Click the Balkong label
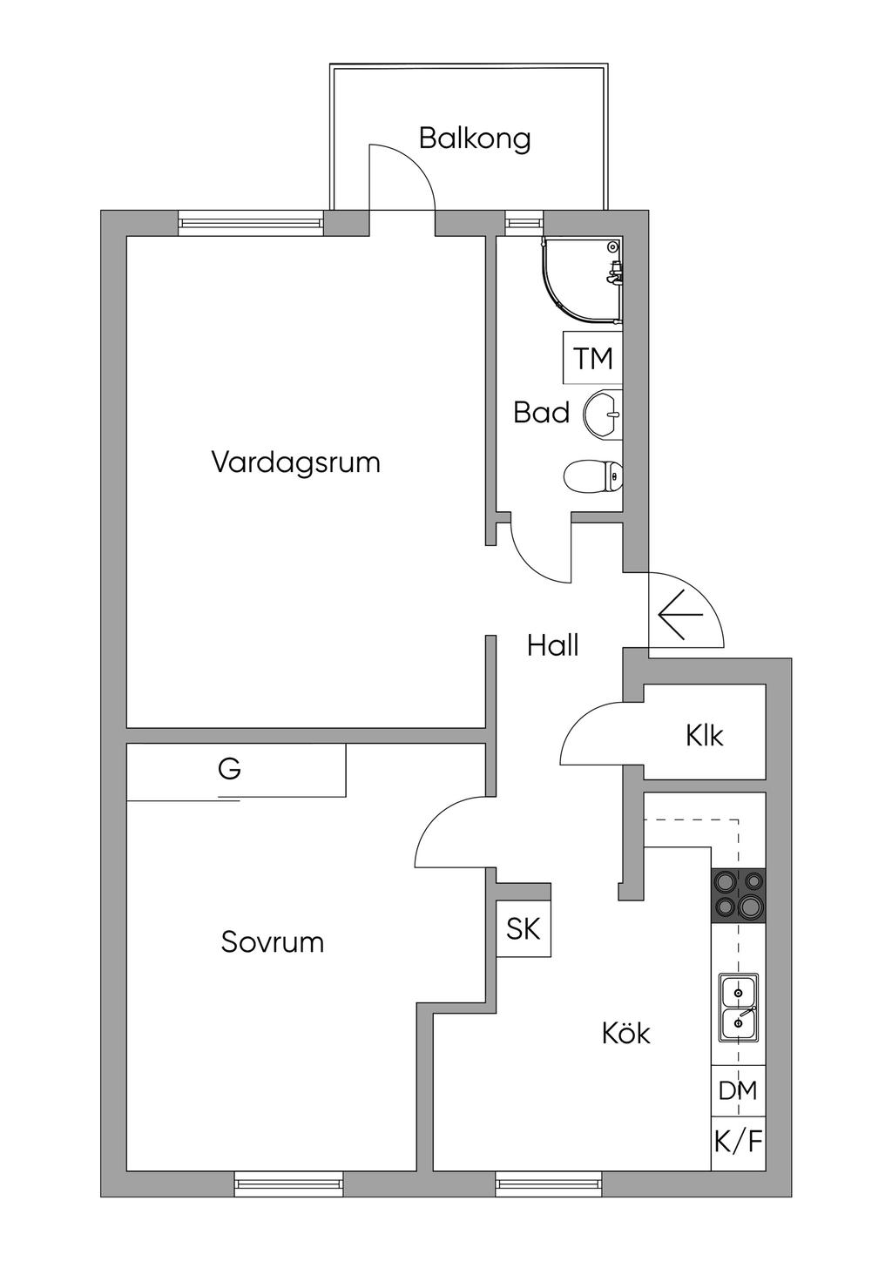point(475,139)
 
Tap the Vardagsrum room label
point(296,462)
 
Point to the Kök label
point(625,1032)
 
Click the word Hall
point(553,645)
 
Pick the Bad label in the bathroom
point(541,413)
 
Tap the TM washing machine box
point(592,357)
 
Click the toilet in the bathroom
point(593,477)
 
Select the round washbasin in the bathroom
point(603,415)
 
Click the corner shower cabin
point(582,280)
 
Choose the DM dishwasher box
point(739,1090)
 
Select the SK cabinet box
point(524,928)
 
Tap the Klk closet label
point(705,735)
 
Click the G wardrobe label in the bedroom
point(230,768)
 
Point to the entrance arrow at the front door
point(680,614)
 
